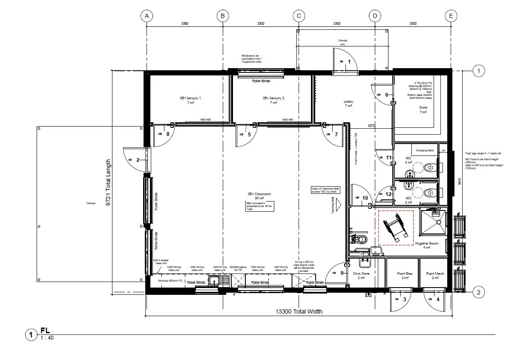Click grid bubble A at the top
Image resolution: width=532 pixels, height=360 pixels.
click(x=147, y=16)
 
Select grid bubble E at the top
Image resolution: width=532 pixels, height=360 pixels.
click(x=451, y=16)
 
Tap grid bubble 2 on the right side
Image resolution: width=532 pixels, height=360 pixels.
click(x=479, y=292)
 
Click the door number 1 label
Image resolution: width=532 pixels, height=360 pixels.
click(x=349, y=62)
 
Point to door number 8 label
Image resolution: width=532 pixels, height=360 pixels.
click(x=168, y=134)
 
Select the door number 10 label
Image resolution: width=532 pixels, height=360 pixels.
click(x=365, y=198)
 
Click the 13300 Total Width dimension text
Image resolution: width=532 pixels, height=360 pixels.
click(x=299, y=311)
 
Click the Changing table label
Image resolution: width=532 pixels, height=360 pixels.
click(x=424, y=150)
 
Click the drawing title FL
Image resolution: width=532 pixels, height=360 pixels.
click(x=45, y=331)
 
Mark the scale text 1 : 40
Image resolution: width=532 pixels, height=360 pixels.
click(x=47, y=338)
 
